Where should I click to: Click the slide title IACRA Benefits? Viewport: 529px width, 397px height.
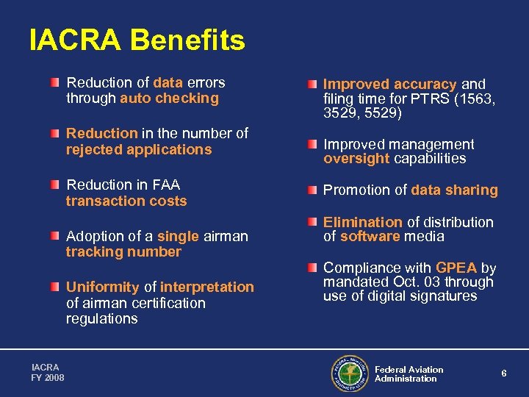pyautogui.click(x=137, y=40)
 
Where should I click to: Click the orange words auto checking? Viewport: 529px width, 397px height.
pyautogui.click(x=170, y=99)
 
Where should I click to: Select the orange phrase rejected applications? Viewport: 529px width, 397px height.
pyautogui.click(x=138, y=150)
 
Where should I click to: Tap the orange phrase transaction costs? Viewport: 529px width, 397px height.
pyautogui.click(x=126, y=201)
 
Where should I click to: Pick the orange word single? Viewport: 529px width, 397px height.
pyautogui.click(x=178, y=236)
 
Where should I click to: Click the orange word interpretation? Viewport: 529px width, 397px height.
pyautogui.click(x=207, y=287)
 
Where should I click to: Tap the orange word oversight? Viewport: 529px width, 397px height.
pyautogui.click(x=357, y=159)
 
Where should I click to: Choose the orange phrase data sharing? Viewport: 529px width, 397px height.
pyautogui.click(x=455, y=190)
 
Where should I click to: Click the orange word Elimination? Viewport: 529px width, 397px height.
pyautogui.click(x=363, y=222)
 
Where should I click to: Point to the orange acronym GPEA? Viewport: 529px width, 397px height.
pyautogui.click(x=456, y=268)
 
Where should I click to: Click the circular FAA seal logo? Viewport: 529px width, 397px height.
pyautogui.click(x=350, y=373)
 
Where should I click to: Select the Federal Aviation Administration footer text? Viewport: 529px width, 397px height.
pyautogui.click(x=409, y=374)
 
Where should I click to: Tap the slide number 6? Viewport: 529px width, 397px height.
pyautogui.click(x=504, y=373)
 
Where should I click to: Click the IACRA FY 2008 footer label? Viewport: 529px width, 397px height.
pyautogui.click(x=48, y=372)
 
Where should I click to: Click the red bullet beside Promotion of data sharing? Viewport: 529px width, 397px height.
pyautogui.click(x=313, y=190)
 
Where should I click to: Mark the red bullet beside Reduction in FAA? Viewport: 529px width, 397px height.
pyautogui.click(x=56, y=185)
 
